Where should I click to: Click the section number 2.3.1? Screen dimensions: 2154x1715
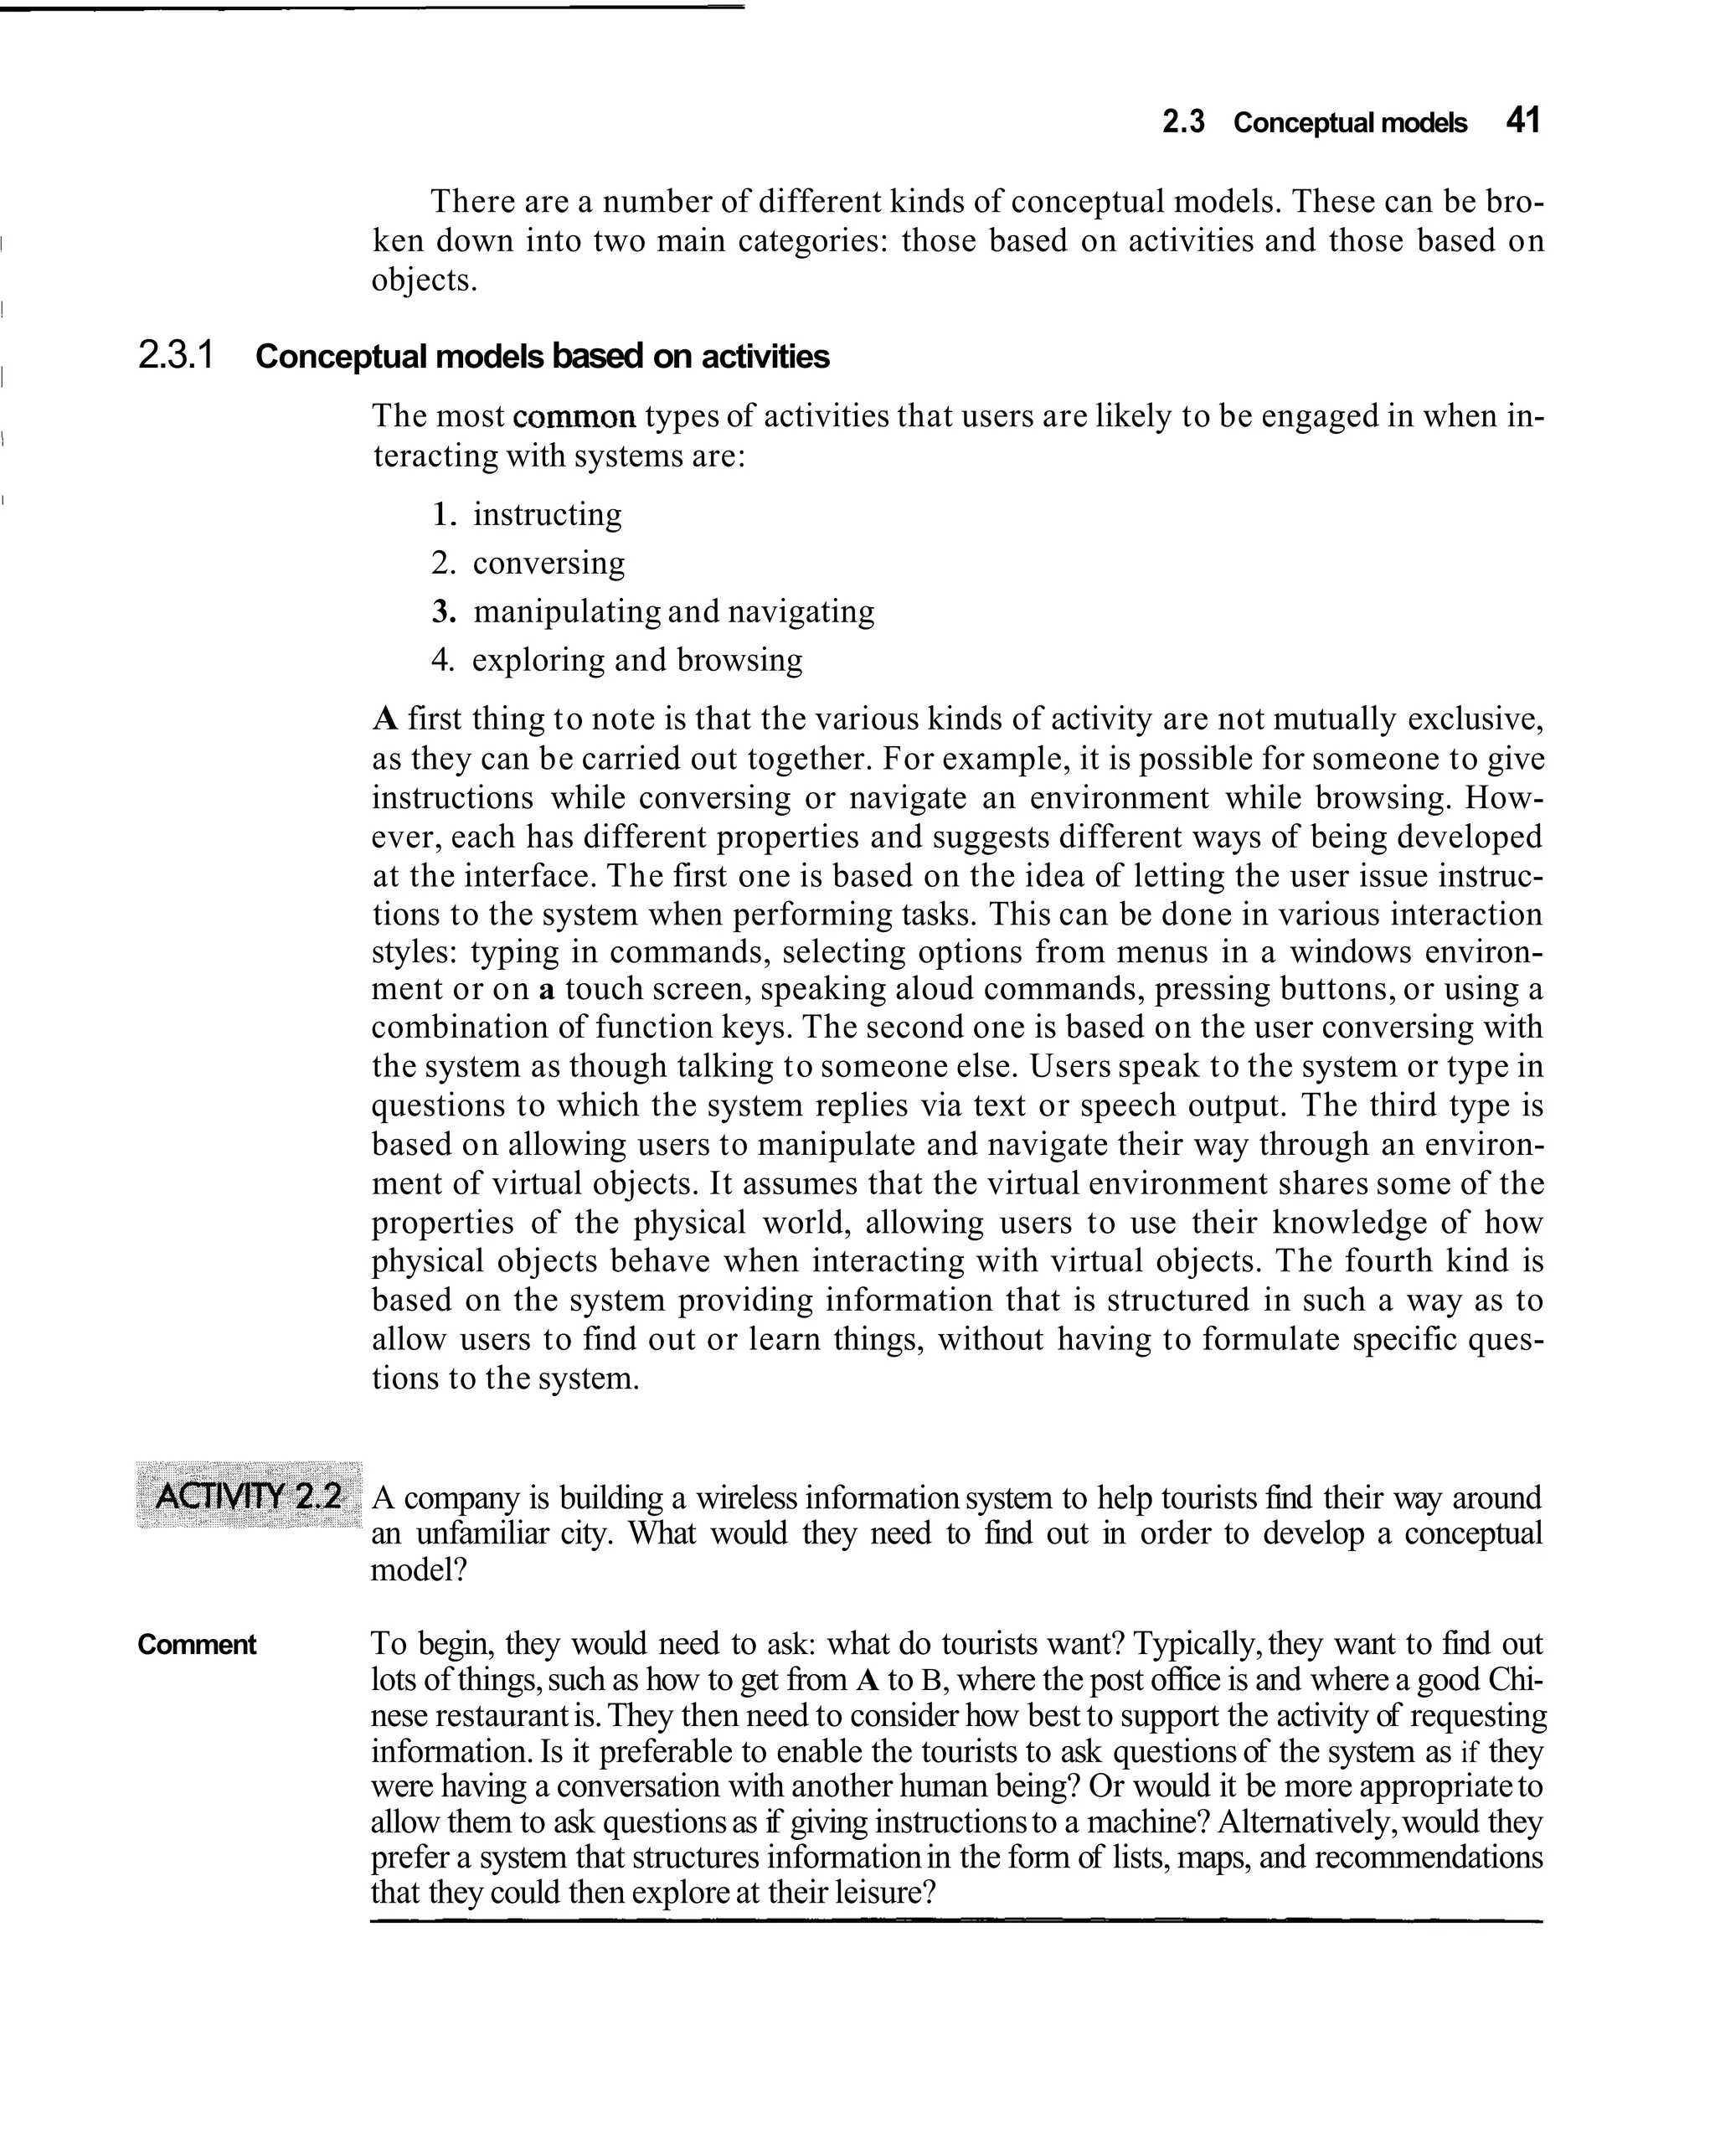point(176,356)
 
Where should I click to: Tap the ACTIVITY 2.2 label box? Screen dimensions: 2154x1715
point(249,1496)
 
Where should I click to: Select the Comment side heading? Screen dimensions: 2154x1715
point(197,1645)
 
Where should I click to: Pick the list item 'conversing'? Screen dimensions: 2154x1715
point(548,564)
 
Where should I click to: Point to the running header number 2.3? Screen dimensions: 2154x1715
point(1183,123)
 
